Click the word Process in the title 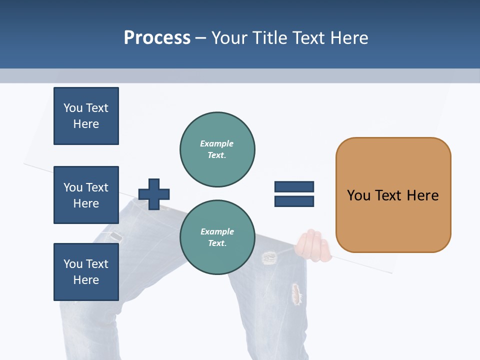(x=157, y=37)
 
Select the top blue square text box (x=86, y=116)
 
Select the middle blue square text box (x=86, y=195)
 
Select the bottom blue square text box (x=86, y=271)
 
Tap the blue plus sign (x=154, y=194)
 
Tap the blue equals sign (x=294, y=194)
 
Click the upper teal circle (x=217, y=149)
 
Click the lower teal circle (x=217, y=237)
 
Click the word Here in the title (x=348, y=37)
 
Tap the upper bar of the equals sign (x=294, y=187)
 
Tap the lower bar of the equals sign (x=294, y=201)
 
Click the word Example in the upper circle (x=217, y=143)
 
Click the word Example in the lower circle (x=217, y=231)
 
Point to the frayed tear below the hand (x=297, y=294)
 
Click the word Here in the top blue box (x=86, y=124)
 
